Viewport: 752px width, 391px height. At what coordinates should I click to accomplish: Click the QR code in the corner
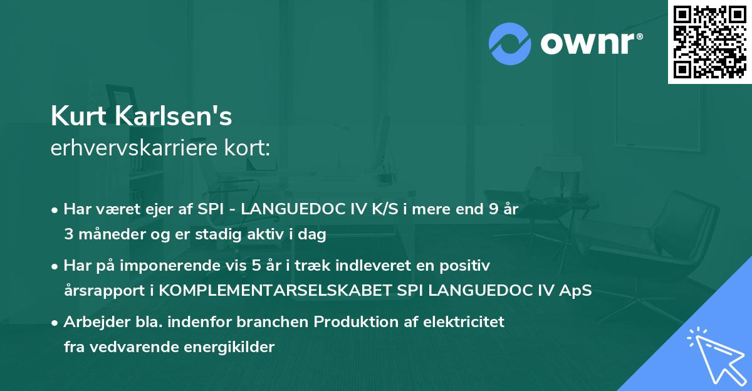coord(709,41)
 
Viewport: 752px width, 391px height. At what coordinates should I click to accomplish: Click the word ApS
coord(577,291)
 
